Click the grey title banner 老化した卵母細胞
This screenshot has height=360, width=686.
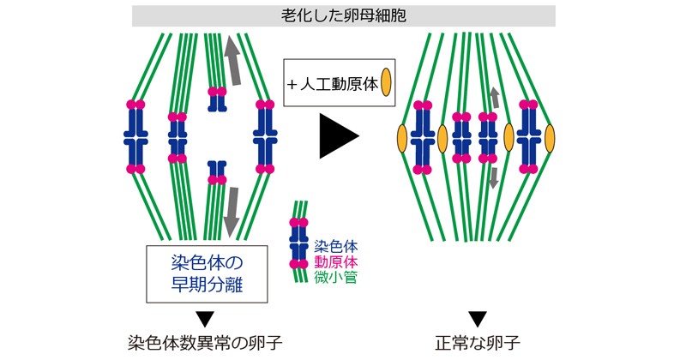coord(344,15)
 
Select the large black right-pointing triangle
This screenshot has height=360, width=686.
coord(336,136)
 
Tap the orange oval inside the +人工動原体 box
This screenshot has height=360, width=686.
coord(386,82)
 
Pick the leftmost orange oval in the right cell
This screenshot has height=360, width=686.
coord(400,137)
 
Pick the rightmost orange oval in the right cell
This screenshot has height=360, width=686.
coord(549,137)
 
